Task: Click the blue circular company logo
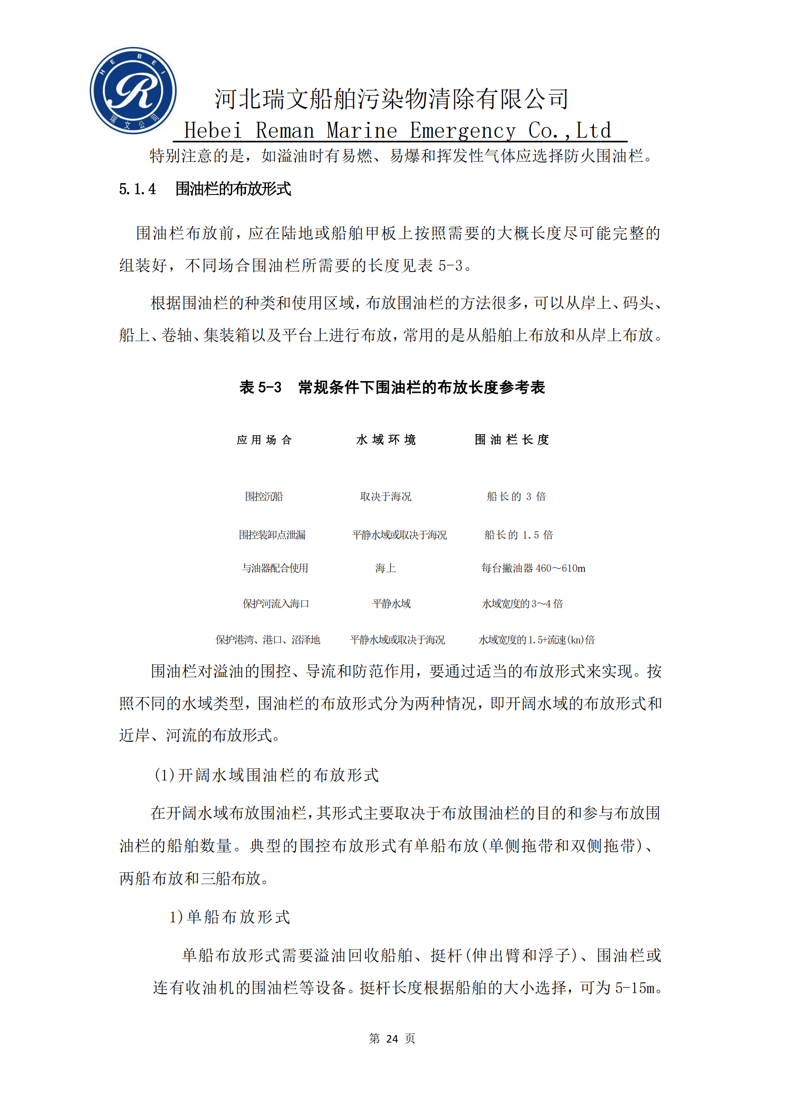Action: tap(133, 91)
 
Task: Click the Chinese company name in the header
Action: tap(391, 99)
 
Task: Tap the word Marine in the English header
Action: tap(362, 131)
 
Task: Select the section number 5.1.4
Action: tap(137, 189)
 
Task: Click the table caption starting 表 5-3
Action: tap(392, 387)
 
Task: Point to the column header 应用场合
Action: tap(264, 439)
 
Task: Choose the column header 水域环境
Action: tap(386, 439)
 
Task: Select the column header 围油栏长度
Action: tap(512, 439)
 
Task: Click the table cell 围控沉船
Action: tap(264, 496)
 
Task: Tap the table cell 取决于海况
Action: tap(386, 496)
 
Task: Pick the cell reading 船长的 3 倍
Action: tap(516, 496)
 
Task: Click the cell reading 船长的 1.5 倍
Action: tap(519, 535)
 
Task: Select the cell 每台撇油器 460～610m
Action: tap(533, 568)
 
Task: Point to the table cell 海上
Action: tap(386, 568)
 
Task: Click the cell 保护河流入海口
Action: tap(276, 604)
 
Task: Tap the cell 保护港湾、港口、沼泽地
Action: tap(267, 640)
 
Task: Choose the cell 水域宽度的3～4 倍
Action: tap(522, 604)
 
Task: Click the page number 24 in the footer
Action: tap(392, 1038)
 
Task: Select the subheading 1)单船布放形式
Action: tap(230, 917)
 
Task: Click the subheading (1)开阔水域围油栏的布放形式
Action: tap(266, 775)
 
